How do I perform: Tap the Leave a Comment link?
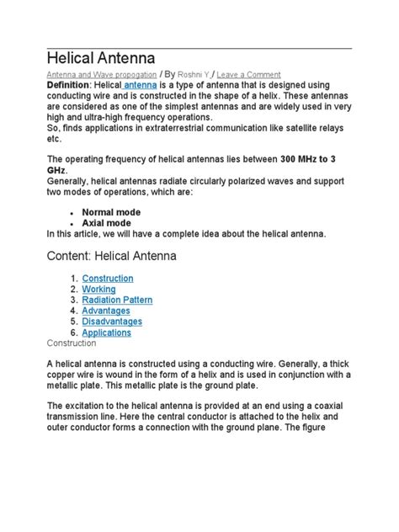point(249,74)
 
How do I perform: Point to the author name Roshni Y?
point(194,74)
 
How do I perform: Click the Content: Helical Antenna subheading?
point(112,256)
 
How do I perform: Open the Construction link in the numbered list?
point(107,278)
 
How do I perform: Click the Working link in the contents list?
point(98,289)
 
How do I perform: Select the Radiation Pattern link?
point(122,300)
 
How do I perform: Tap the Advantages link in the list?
point(106,311)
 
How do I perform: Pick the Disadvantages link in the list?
point(112,322)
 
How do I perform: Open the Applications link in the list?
point(107,332)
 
